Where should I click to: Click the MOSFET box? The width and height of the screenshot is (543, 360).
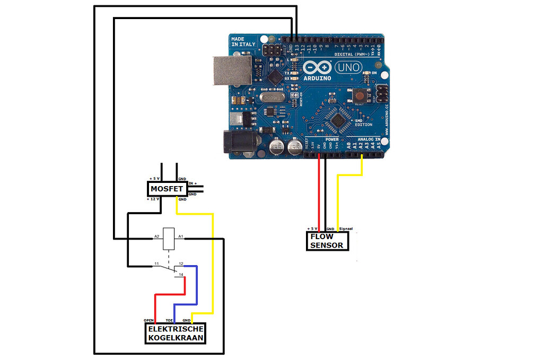click(x=167, y=189)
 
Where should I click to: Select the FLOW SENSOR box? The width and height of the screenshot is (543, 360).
click(x=327, y=241)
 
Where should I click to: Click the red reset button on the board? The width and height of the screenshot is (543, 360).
click(x=360, y=96)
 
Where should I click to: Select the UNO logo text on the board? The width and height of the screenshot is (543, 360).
click(x=348, y=68)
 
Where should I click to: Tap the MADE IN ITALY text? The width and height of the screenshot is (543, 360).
click(x=243, y=42)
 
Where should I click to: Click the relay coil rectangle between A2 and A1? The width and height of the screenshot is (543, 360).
click(x=168, y=239)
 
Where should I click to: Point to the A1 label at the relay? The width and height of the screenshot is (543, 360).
click(x=181, y=236)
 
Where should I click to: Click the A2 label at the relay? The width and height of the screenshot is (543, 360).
click(x=157, y=236)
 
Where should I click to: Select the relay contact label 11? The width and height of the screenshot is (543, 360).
click(x=156, y=264)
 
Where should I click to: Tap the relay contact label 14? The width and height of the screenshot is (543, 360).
click(x=181, y=274)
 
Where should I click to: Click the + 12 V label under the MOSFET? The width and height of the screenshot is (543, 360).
click(x=153, y=199)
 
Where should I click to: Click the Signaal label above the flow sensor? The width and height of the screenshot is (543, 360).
click(x=346, y=229)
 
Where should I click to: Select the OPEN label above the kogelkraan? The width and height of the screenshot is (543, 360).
click(x=148, y=321)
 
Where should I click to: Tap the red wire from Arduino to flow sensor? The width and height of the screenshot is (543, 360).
click(x=319, y=191)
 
